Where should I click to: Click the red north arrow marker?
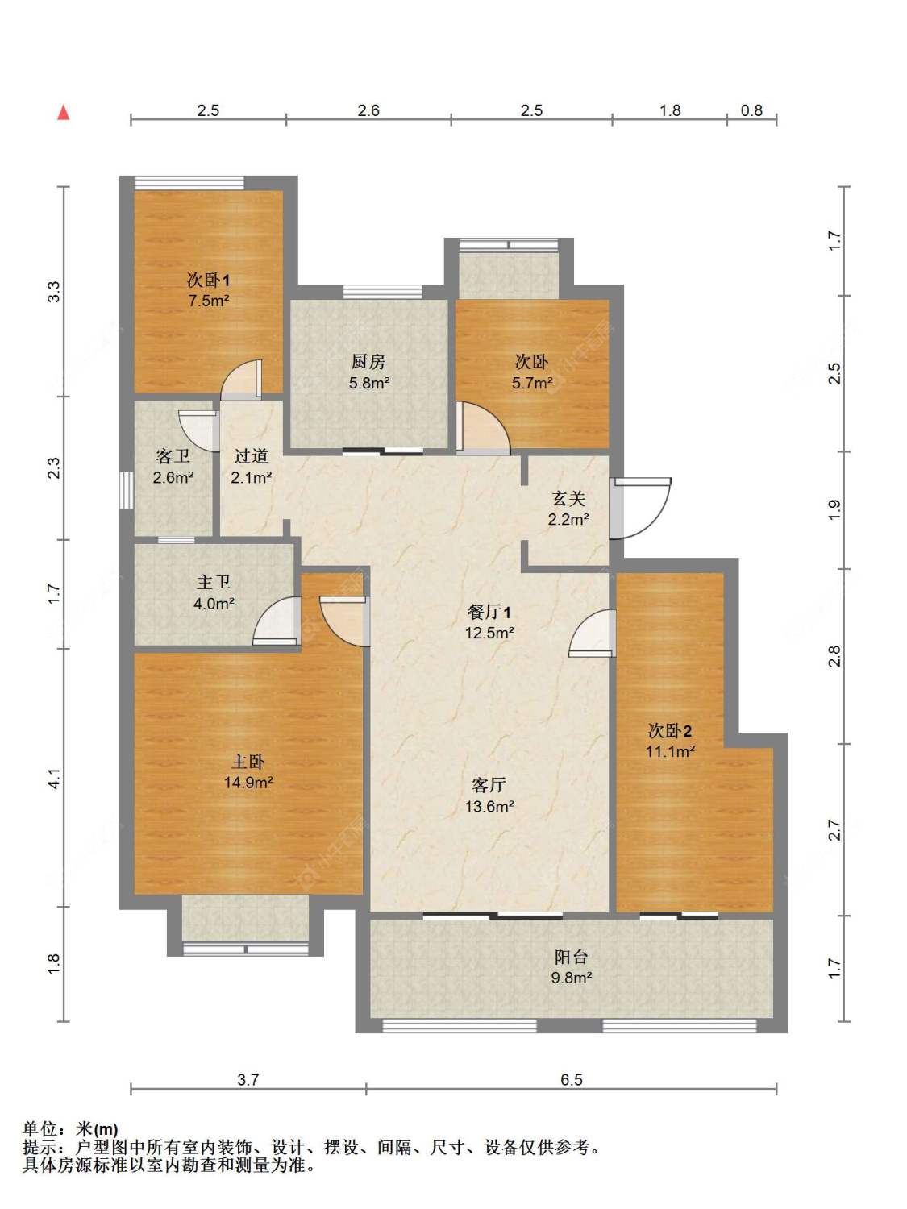click(64, 112)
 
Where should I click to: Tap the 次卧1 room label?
click(208, 280)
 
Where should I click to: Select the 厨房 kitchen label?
click(368, 362)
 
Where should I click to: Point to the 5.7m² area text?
click(532, 383)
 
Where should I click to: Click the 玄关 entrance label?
click(568, 499)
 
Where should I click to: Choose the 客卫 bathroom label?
click(173, 456)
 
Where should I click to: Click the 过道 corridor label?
click(251, 456)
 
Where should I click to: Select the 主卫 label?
click(214, 582)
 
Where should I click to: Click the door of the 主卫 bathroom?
click(277, 621)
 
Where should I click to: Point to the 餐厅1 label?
click(489, 612)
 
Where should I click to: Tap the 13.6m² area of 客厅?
click(489, 807)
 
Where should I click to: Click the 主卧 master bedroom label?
click(248, 762)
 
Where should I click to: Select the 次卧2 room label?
click(670, 731)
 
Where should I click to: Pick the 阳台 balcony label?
click(571, 958)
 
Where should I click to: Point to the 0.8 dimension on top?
click(751, 110)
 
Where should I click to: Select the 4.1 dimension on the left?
click(54, 777)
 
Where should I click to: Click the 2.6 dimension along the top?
click(368, 110)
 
